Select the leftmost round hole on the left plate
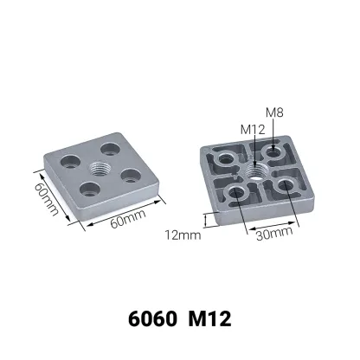[71, 160]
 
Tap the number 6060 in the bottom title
[154, 317]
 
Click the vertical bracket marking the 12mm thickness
[205, 220]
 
